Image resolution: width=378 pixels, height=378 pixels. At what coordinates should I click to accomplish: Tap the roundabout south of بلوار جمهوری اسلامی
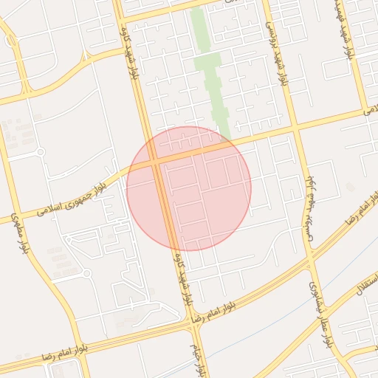(86, 273)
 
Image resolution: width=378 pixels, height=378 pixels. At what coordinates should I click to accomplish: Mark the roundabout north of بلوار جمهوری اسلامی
(40, 152)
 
